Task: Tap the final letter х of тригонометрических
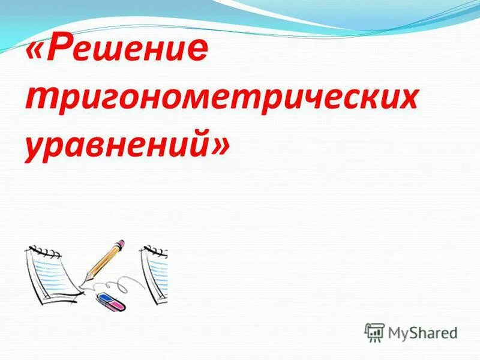406,100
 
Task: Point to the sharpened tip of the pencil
88,278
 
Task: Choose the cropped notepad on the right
155,273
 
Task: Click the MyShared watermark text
422,332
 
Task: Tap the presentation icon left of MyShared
374,332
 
